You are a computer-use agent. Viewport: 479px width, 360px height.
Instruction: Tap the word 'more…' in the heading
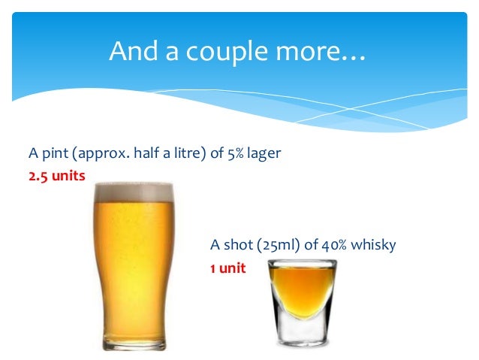(327, 52)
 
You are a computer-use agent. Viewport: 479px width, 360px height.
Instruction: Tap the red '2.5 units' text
(57, 175)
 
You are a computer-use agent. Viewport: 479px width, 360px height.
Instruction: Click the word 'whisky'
(372, 246)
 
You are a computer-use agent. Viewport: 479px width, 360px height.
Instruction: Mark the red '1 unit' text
(227, 266)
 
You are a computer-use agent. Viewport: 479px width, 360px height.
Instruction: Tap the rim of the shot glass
(303, 262)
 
